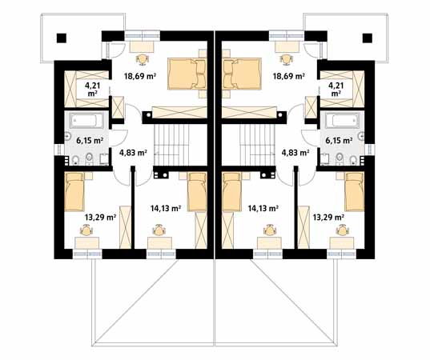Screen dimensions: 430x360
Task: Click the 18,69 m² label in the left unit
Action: tap(140, 76)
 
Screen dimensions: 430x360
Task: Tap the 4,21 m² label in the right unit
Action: tap(336, 90)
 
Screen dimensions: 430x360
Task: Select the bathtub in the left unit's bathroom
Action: tap(86, 121)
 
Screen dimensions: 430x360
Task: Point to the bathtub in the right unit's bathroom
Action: tap(342, 121)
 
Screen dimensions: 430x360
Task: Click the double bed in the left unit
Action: tap(187, 74)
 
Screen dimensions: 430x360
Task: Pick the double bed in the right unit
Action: tap(241, 74)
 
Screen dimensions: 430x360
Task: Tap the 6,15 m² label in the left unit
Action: tap(90, 141)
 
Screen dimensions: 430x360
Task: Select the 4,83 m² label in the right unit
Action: tap(295, 153)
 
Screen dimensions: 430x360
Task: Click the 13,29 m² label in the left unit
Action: tap(100, 218)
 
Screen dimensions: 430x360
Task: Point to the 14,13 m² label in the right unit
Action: tap(263, 209)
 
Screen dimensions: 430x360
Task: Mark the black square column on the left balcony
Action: tap(62, 38)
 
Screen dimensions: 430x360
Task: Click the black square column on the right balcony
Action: tap(368, 38)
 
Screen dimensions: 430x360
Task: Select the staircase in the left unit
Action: tap(171, 145)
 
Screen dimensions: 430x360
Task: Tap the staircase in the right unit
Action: tap(257, 145)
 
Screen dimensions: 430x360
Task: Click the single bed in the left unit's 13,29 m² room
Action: tap(74, 192)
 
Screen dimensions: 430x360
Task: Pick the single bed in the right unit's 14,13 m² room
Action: tap(232, 192)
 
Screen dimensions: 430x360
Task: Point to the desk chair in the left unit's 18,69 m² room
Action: tap(143, 59)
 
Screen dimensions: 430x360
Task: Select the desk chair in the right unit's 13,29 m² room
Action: tap(342, 230)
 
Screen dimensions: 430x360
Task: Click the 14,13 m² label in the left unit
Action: tap(166, 209)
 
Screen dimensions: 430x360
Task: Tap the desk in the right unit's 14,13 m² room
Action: tap(269, 242)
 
